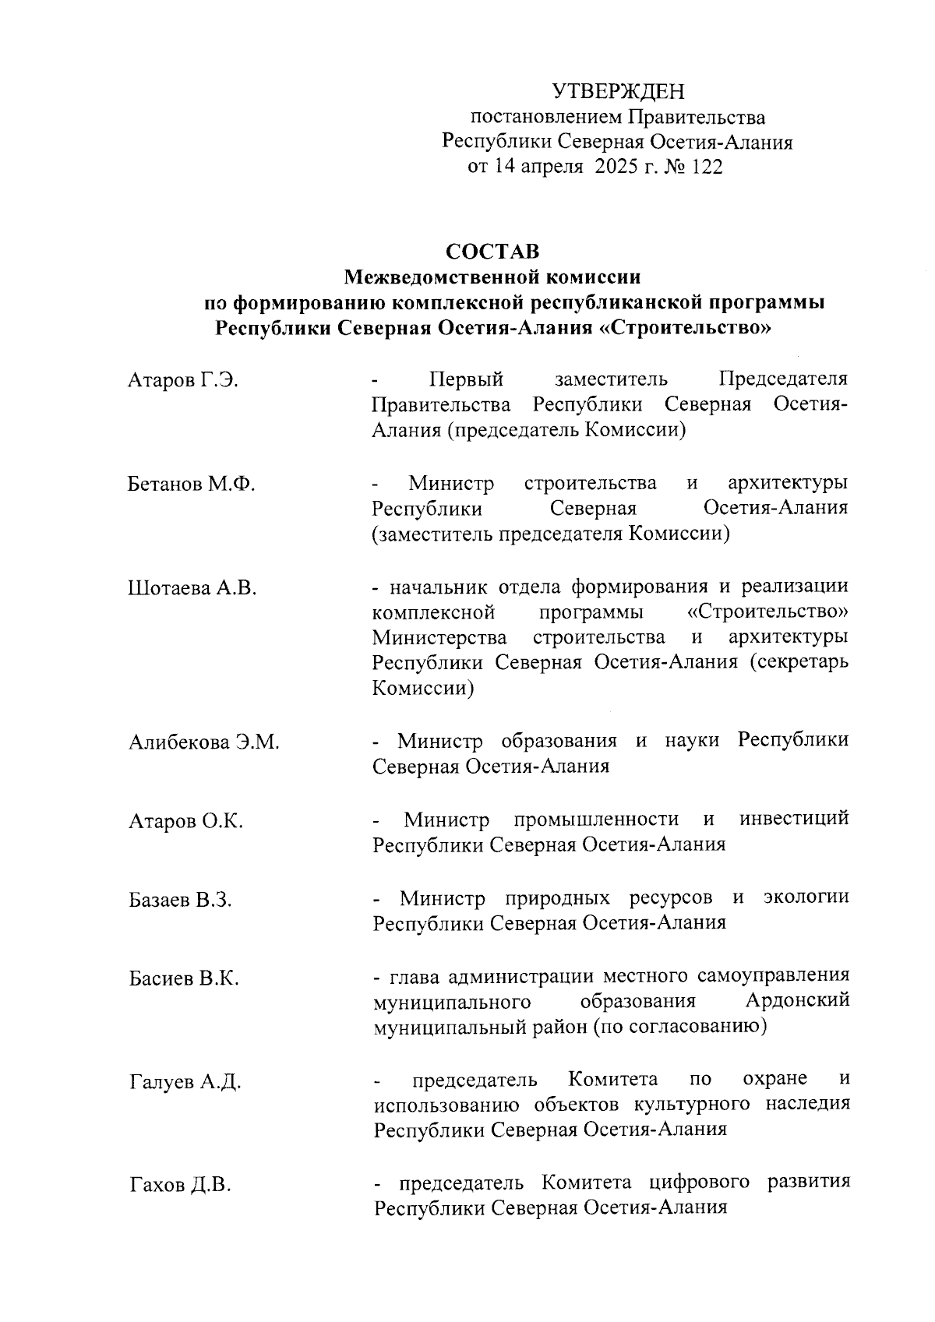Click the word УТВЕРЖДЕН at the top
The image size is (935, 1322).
pos(618,92)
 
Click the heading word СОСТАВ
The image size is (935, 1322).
pos(492,252)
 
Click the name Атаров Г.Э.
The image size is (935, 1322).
pos(183,380)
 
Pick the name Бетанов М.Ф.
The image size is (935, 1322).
pos(192,484)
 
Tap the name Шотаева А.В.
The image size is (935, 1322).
pos(192,588)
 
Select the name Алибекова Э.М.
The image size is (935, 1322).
pos(204,742)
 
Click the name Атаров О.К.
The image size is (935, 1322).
pos(186,821)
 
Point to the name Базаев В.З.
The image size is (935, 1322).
pos(181,901)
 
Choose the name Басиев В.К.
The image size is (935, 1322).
pos(184,978)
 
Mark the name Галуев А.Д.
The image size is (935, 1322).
pos(185,1082)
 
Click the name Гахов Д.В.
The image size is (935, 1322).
pos(180,1186)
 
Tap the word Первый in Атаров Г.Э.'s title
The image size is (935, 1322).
pos(466,379)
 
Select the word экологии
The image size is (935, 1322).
pos(806,897)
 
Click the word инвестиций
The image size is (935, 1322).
pos(794,819)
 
